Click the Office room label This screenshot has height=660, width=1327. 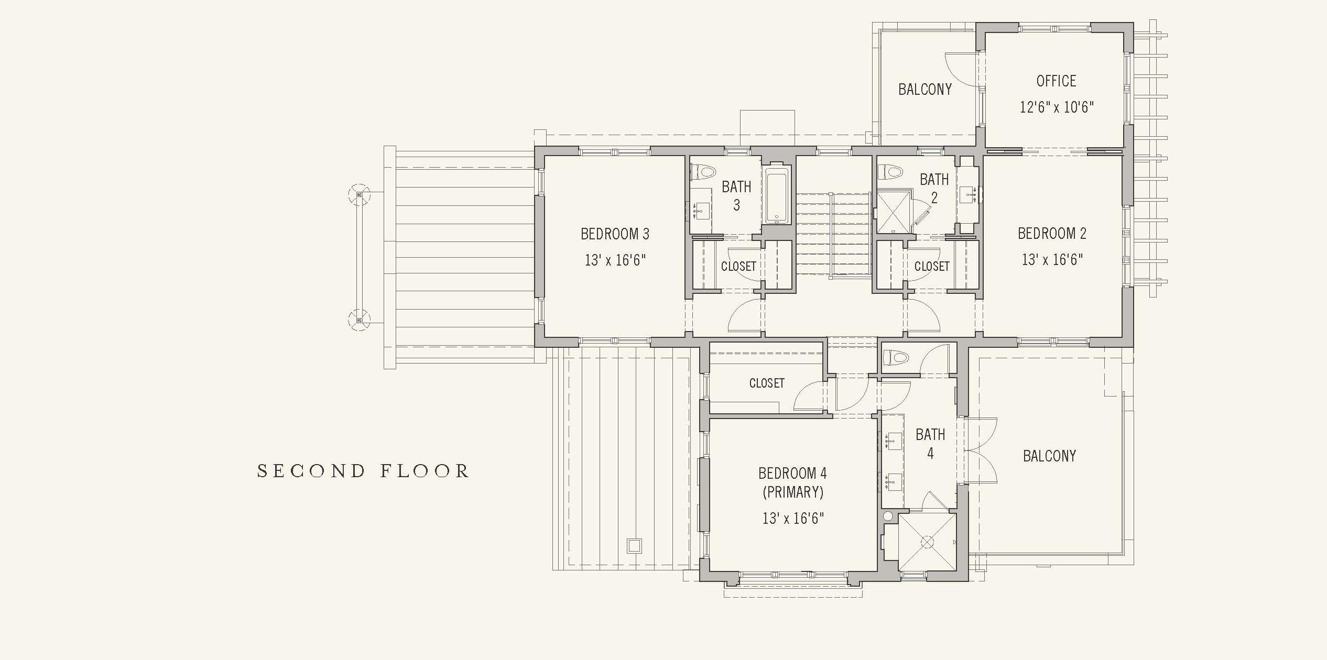pyautogui.click(x=1056, y=81)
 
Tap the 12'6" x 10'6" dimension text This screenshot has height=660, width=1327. pyautogui.click(x=1057, y=107)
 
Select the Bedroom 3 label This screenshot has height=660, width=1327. pyautogui.click(x=615, y=234)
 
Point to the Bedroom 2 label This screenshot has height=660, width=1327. pyautogui.click(x=1052, y=234)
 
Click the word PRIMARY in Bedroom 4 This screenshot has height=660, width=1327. pyautogui.click(x=793, y=492)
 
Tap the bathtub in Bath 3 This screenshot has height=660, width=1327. pyautogui.click(x=777, y=195)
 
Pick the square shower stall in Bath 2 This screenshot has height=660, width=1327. pyautogui.click(x=893, y=211)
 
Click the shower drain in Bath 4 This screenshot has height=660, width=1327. pyautogui.click(x=927, y=542)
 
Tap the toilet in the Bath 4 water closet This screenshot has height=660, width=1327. pyautogui.click(x=895, y=358)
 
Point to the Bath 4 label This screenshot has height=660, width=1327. pyautogui.click(x=930, y=444)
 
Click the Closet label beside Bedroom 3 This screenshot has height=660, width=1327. pyautogui.click(x=738, y=267)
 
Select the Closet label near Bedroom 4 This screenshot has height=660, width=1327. pyautogui.click(x=767, y=383)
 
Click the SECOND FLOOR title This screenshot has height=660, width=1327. pyautogui.click(x=363, y=471)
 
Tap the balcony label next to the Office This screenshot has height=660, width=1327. pyautogui.click(x=925, y=90)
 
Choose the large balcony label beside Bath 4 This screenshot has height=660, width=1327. pyautogui.click(x=1050, y=456)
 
